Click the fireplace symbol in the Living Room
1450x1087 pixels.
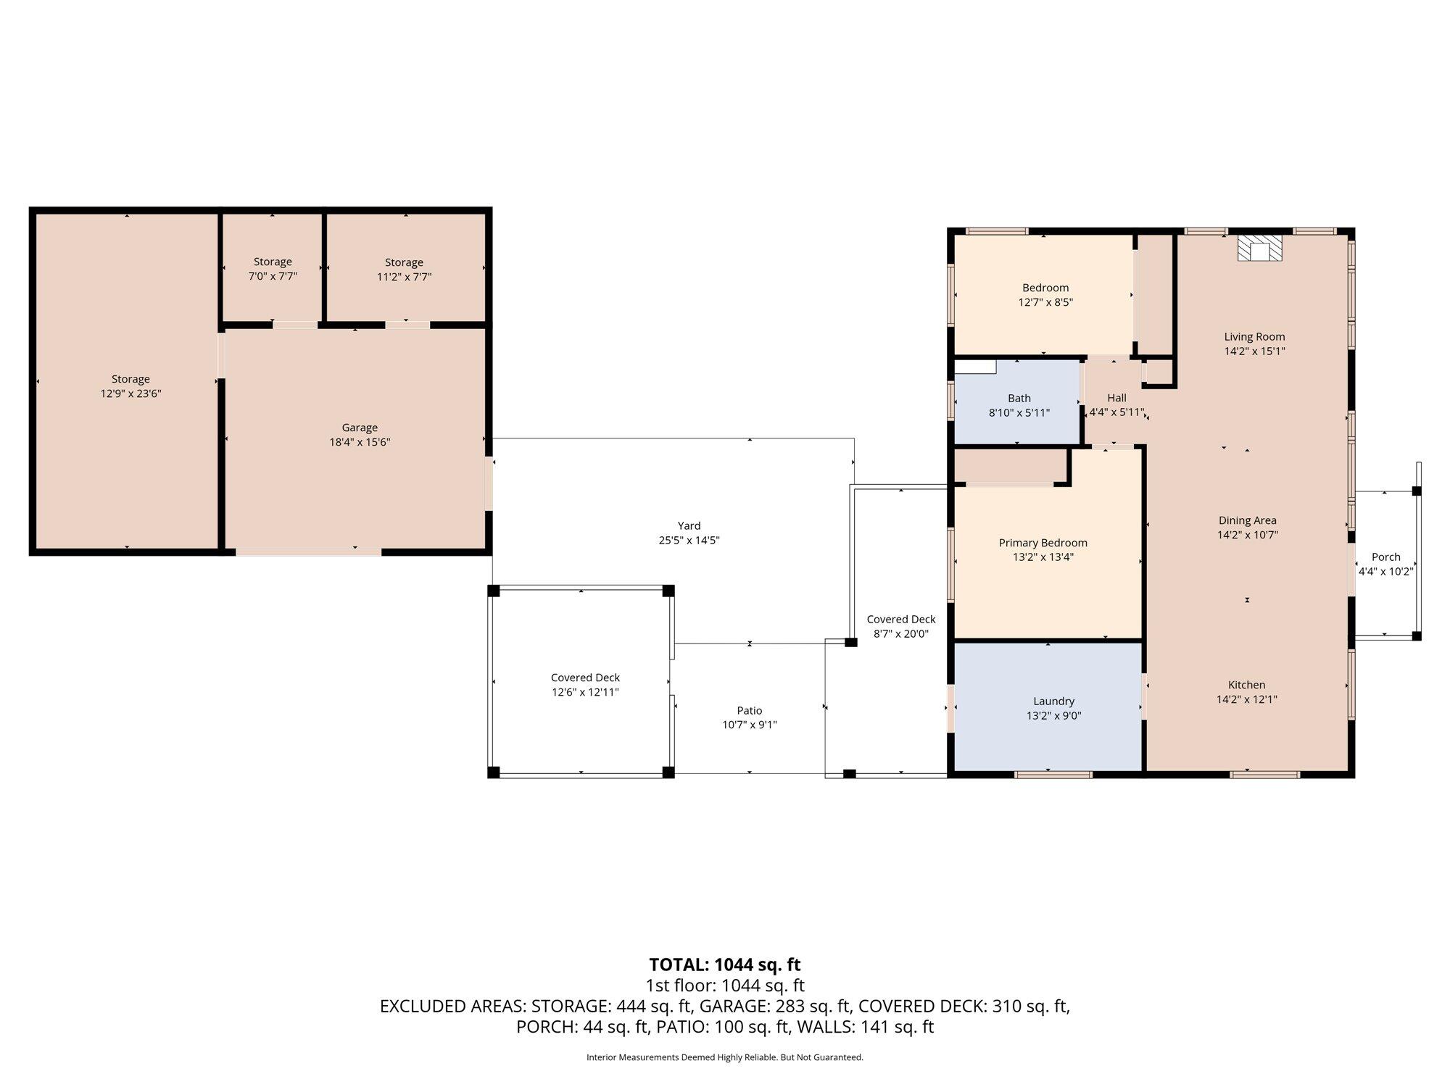(x=1260, y=247)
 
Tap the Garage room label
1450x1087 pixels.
(x=360, y=428)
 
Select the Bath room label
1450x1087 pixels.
(x=1019, y=398)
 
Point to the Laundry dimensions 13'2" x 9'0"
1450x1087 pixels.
(x=1053, y=716)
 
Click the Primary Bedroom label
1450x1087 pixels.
(x=1043, y=543)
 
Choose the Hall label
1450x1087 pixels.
(x=1116, y=398)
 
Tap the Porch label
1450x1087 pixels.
(x=1385, y=557)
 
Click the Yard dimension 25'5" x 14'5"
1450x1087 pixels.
(x=689, y=541)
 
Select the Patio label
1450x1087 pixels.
(x=750, y=710)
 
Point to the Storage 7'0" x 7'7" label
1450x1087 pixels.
(x=273, y=269)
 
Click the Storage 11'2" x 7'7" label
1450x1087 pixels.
(x=404, y=270)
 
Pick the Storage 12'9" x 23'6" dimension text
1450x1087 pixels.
(x=130, y=393)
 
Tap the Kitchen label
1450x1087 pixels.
(x=1246, y=685)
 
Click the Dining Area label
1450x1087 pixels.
(x=1247, y=520)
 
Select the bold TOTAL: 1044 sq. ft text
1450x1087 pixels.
(x=724, y=965)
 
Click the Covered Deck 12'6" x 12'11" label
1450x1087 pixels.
(x=585, y=685)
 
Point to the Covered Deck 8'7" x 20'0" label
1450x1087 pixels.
(x=901, y=626)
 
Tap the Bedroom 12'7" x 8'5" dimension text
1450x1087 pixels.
(x=1045, y=302)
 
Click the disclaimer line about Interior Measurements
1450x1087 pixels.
(x=725, y=1057)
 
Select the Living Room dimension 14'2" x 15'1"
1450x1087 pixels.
(x=1254, y=351)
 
